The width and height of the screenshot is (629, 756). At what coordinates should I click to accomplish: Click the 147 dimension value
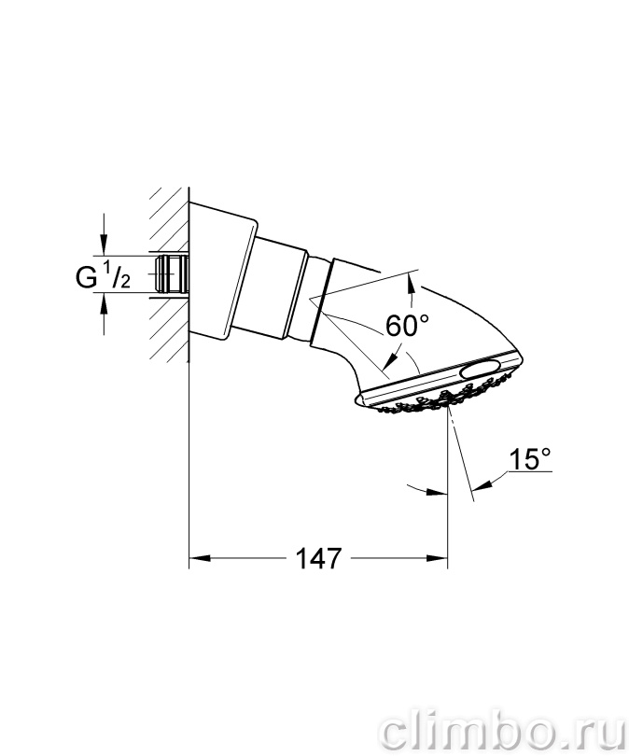pos(318,558)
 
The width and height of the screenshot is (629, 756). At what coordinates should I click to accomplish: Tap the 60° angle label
pos(407,326)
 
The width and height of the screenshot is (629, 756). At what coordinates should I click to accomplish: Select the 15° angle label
pos(530,458)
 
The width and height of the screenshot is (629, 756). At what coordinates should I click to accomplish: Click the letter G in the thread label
pos(86,278)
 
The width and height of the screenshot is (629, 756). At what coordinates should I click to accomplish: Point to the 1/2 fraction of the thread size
pos(118,275)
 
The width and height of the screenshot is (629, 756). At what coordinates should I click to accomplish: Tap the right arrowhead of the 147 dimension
pos(437,558)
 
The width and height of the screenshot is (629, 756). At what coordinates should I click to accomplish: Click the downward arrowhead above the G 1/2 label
pos(104,245)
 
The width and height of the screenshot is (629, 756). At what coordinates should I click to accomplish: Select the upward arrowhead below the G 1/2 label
pos(104,303)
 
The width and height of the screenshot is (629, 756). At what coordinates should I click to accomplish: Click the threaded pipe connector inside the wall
pos(172,273)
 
